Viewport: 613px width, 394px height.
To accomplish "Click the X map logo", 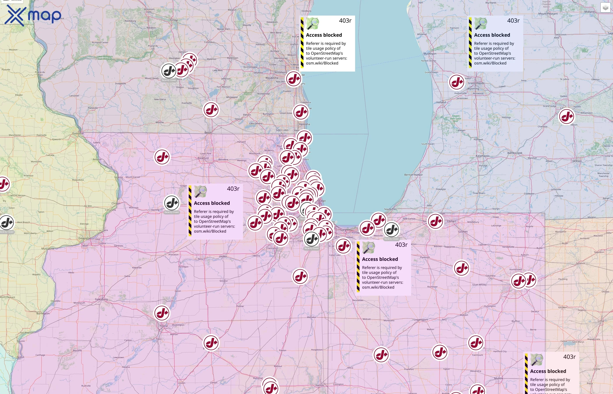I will pyautogui.click(x=33, y=15).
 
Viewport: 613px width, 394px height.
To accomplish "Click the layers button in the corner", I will pyautogui.click(x=605, y=8).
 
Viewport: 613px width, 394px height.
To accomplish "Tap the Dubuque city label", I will pyautogui.click(x=78, y=133).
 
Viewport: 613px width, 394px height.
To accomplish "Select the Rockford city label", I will pyautogui.click(x=203, y=158).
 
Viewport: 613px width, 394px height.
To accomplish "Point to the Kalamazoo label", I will pyautogui.click(x=483, y=156).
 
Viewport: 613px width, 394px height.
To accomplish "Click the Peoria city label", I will pyautogui.click(x=164, y=326).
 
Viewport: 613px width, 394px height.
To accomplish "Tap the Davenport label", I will pyautogui.click(x=85, y=238).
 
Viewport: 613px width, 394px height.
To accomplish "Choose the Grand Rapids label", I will pyautogui.click(x=476, y=83).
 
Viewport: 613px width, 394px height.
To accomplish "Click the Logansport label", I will pyautogui.click(x=421, y=320).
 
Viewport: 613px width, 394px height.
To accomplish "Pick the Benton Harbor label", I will pyautogui.click(x=413, y=175).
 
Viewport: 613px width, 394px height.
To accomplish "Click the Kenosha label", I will pyautogui.click(x=305, y=124).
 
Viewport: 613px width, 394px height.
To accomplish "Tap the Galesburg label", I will pyautogui.click(x=101, y=299).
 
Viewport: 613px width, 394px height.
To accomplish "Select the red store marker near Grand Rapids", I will pyautogui.click(x=457, y=82).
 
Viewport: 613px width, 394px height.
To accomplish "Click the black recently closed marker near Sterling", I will pyautogui.click(x=172, y=203).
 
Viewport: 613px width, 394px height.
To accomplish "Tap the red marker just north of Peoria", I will pyautogui.click(x=162, y=313).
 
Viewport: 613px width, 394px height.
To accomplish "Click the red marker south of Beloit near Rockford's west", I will pyautogui.click(x=162, y=157).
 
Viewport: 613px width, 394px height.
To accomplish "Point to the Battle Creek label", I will pyautogui.click(x=515, y=153).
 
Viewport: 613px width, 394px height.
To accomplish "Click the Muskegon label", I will pyautogui.click(x=430, y=54).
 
